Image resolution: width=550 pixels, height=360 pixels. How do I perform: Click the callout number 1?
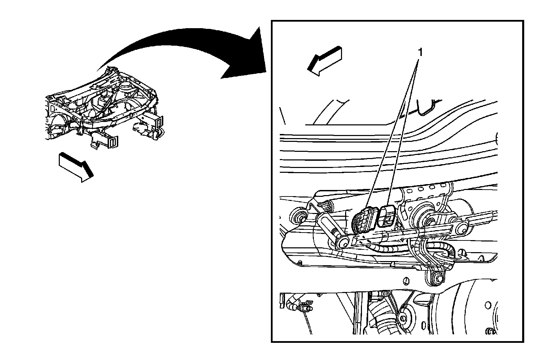pos(420,52)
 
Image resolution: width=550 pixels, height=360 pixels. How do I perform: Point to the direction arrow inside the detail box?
pos(324,61)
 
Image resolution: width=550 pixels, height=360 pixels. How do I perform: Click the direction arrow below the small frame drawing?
pos(76,167)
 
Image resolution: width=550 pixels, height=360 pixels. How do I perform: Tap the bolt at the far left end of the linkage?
pos(299,215)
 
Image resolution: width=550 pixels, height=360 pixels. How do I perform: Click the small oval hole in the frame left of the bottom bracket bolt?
pos(406,281)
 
